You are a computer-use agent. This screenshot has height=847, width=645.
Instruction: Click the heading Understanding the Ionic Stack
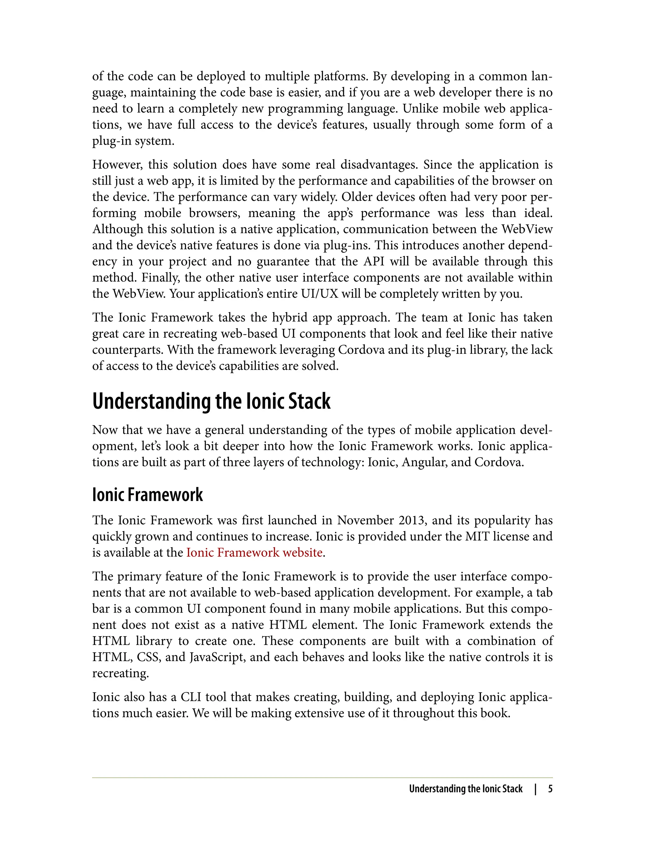[x=211, y=401]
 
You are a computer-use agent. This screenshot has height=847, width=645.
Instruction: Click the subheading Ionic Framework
[x=147, y=495]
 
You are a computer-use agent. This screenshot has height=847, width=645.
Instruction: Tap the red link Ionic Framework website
[x=254, y=552]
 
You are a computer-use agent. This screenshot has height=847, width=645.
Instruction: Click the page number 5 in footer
[x=550, y=789]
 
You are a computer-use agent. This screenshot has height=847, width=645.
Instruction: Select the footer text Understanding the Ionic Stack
[x=465, y=789]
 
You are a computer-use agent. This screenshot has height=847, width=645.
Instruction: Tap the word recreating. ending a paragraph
[x=120, y=673]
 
